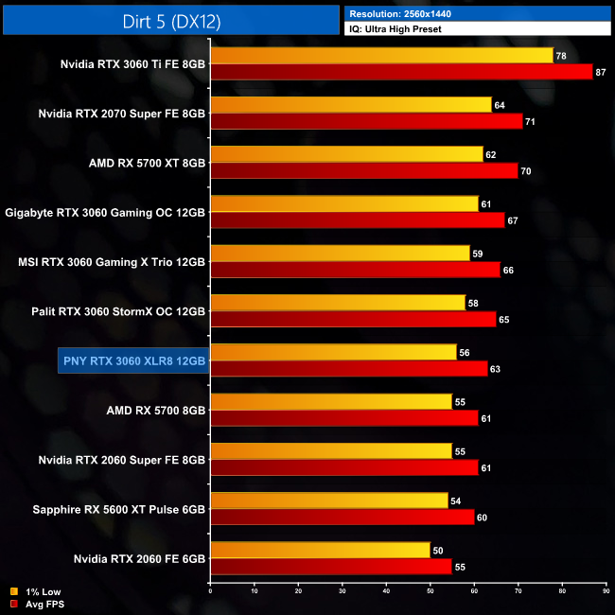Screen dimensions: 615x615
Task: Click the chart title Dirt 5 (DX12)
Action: point(170,20)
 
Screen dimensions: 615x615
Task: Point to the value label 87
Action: point(601,72)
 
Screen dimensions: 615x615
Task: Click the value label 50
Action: point(436,550)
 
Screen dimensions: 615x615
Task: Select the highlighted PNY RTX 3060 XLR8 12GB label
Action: point(132,360)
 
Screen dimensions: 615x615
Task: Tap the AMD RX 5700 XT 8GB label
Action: point(148,163)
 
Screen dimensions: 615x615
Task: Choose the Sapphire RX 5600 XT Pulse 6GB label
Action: point(120,509)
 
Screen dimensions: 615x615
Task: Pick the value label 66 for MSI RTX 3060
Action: point(509,270)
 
